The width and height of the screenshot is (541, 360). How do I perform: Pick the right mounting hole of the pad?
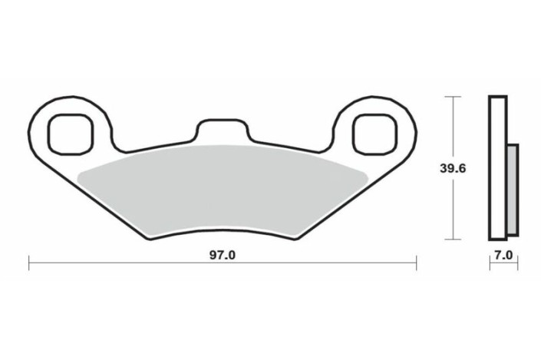click(374, 131)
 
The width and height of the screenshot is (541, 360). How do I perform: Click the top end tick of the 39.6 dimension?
click(453, 97)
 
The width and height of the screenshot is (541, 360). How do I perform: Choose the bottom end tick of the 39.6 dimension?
click(453, 239)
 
